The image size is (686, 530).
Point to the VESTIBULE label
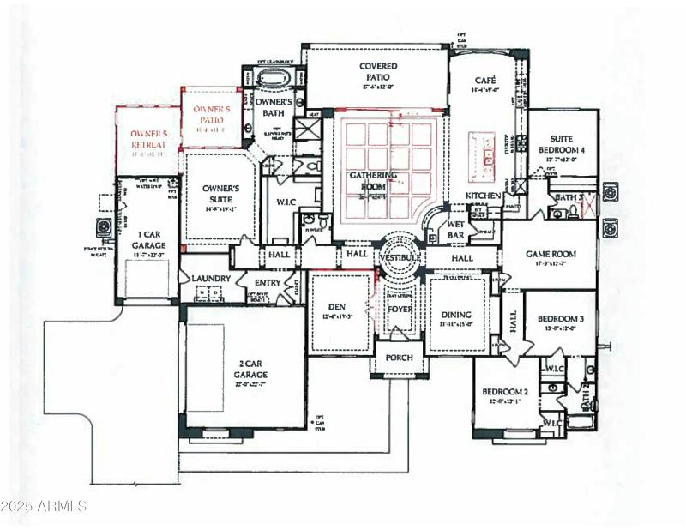pyautogui.click(x=400, y=257)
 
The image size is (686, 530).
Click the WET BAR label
pyautogui.click(x=455, y=229)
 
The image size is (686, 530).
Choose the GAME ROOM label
pyautogui.click(x=551, y=255)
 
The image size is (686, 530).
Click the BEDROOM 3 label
pyautogui.click(x=560, y=320)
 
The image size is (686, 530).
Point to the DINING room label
pyautogui.click(x=457, y=314)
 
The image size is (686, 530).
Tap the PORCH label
pyautogui.click(x=399, y=358)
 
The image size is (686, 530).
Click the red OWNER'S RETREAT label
pyautogui.click(x=147, y=138)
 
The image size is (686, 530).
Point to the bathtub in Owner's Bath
pyautogui.click(x=274, y=80)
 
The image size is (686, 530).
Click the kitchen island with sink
pyautogui.click(x=487, y=156)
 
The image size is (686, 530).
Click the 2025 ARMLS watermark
pyautogui.click(x=45, y=506)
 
